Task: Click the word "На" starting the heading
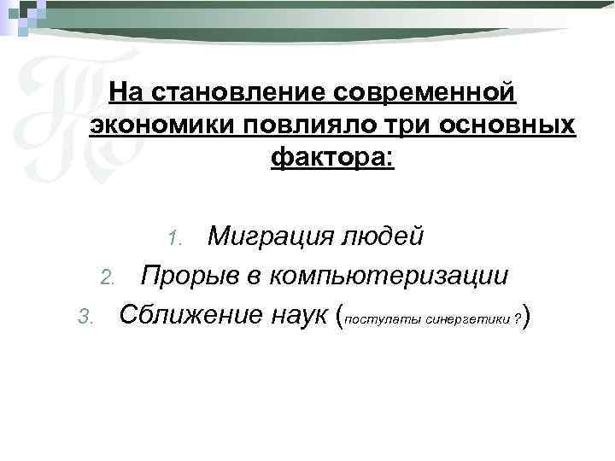coord(127,90)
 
